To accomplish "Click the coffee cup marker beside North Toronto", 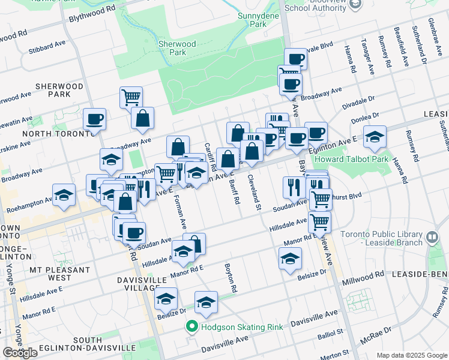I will pos(95,119).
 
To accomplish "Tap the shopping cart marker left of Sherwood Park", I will pos(131,97).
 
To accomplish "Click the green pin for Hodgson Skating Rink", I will pos(191,327).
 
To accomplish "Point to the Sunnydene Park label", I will pos(252,20).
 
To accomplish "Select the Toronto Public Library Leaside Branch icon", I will pos(432,239).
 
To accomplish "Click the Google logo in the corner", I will pos(20,352).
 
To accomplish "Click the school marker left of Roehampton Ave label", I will pos(64,196).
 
